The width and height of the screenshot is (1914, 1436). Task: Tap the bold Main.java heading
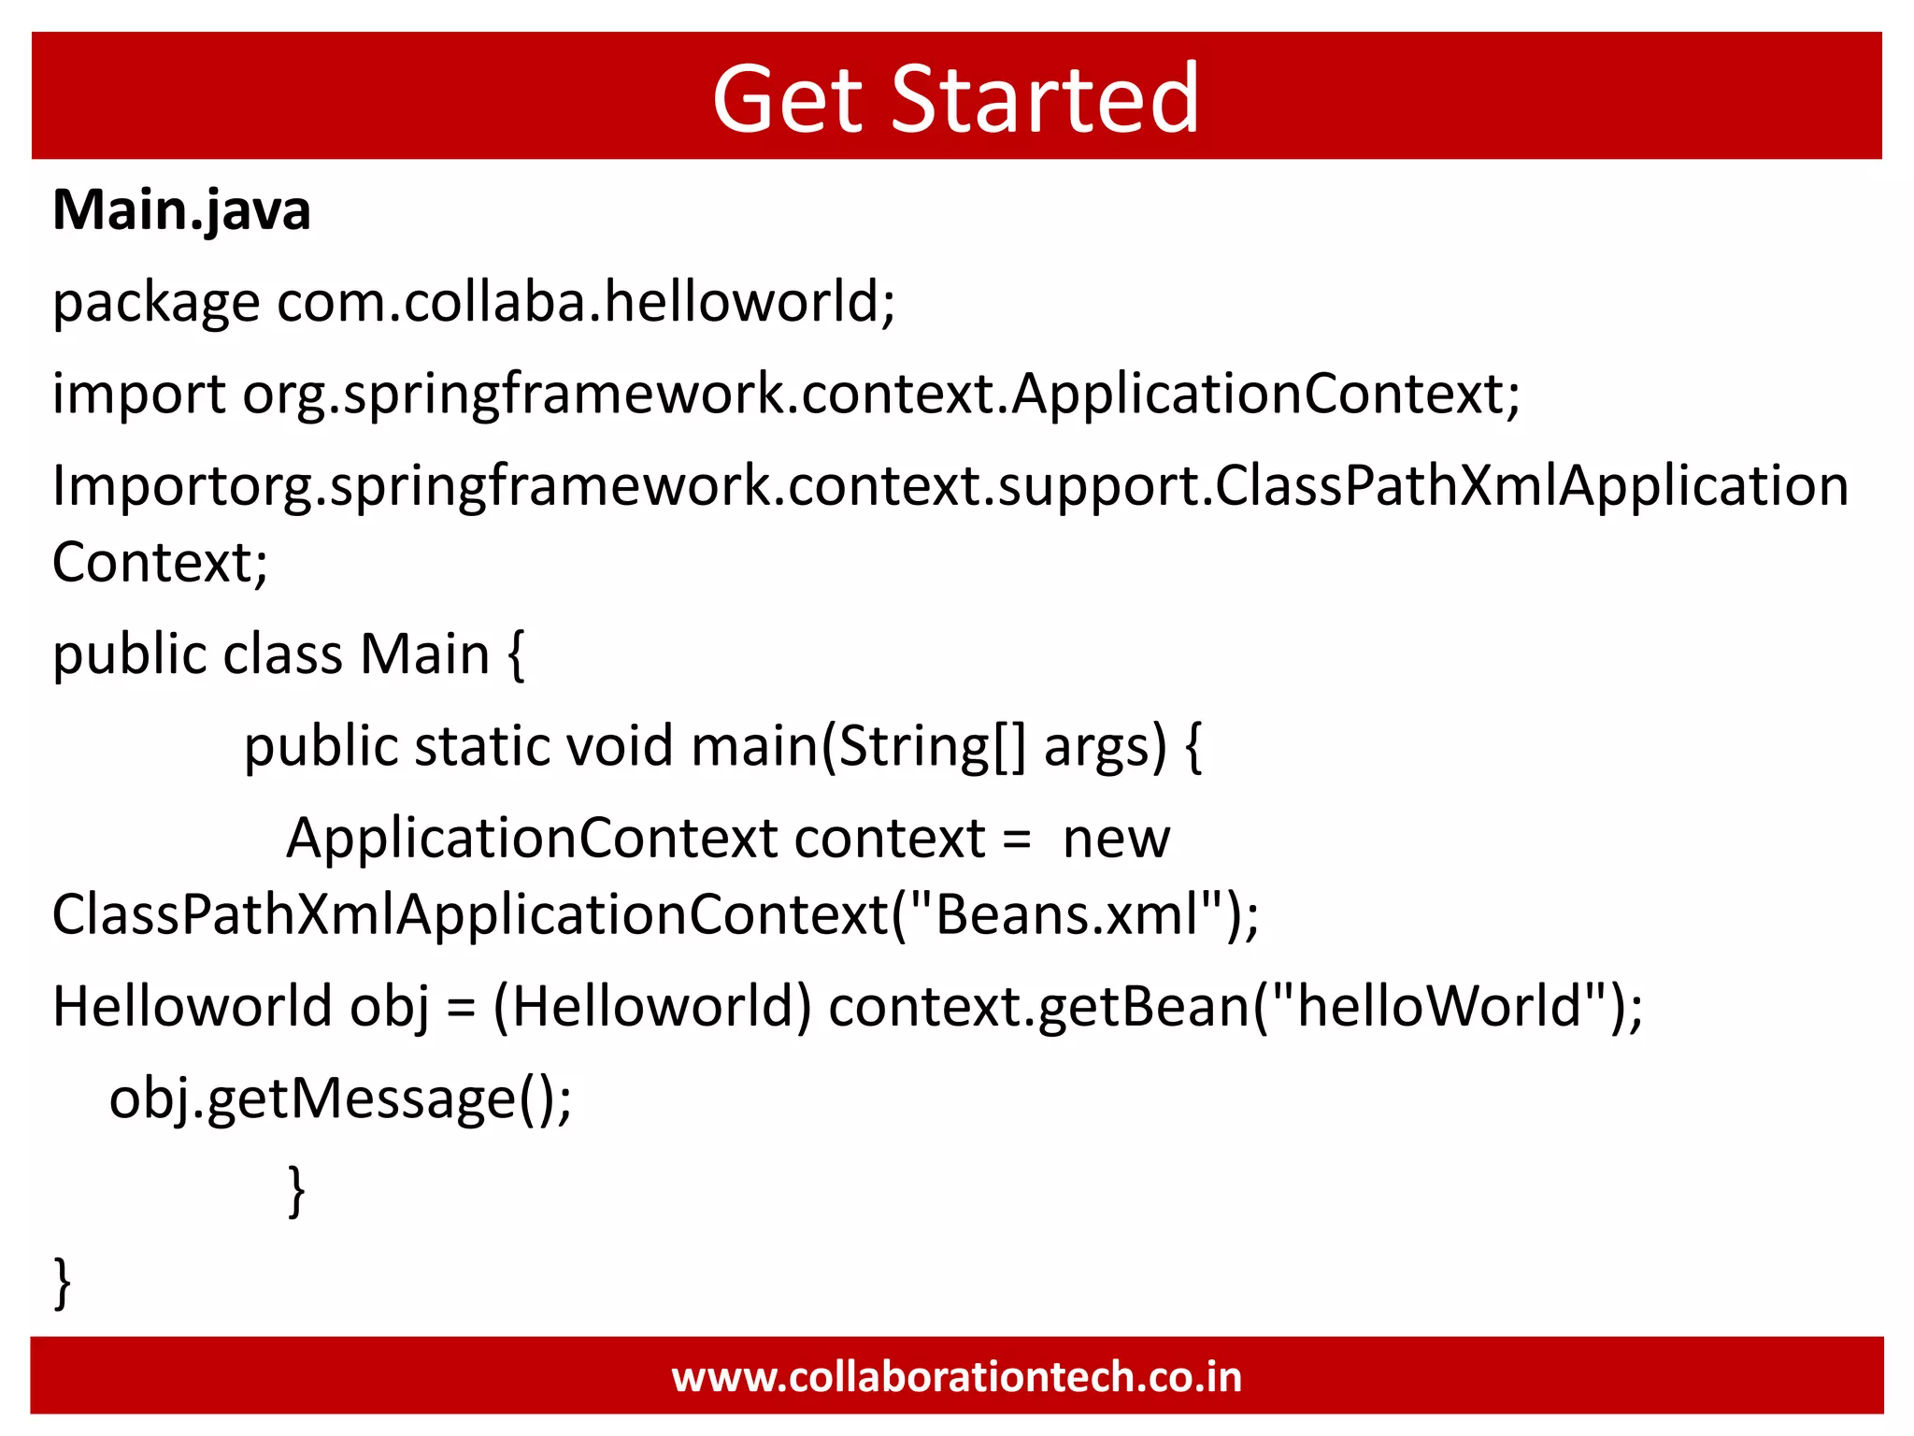181,209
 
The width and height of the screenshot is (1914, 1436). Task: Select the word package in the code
155,304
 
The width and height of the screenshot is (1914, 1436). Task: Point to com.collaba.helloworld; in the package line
586,302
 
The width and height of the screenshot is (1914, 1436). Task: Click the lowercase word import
138,395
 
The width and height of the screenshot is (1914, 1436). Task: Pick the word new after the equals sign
1116,839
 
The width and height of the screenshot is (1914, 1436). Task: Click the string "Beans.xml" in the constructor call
1066,914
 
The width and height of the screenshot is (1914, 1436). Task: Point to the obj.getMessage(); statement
340,1099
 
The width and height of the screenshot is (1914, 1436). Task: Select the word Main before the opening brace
425,654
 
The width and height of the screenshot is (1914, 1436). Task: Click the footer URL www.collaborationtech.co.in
957,1377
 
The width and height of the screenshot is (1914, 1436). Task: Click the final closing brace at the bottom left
63,1283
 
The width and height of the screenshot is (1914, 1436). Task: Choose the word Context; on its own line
160,563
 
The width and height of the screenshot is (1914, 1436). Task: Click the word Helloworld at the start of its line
193,1007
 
